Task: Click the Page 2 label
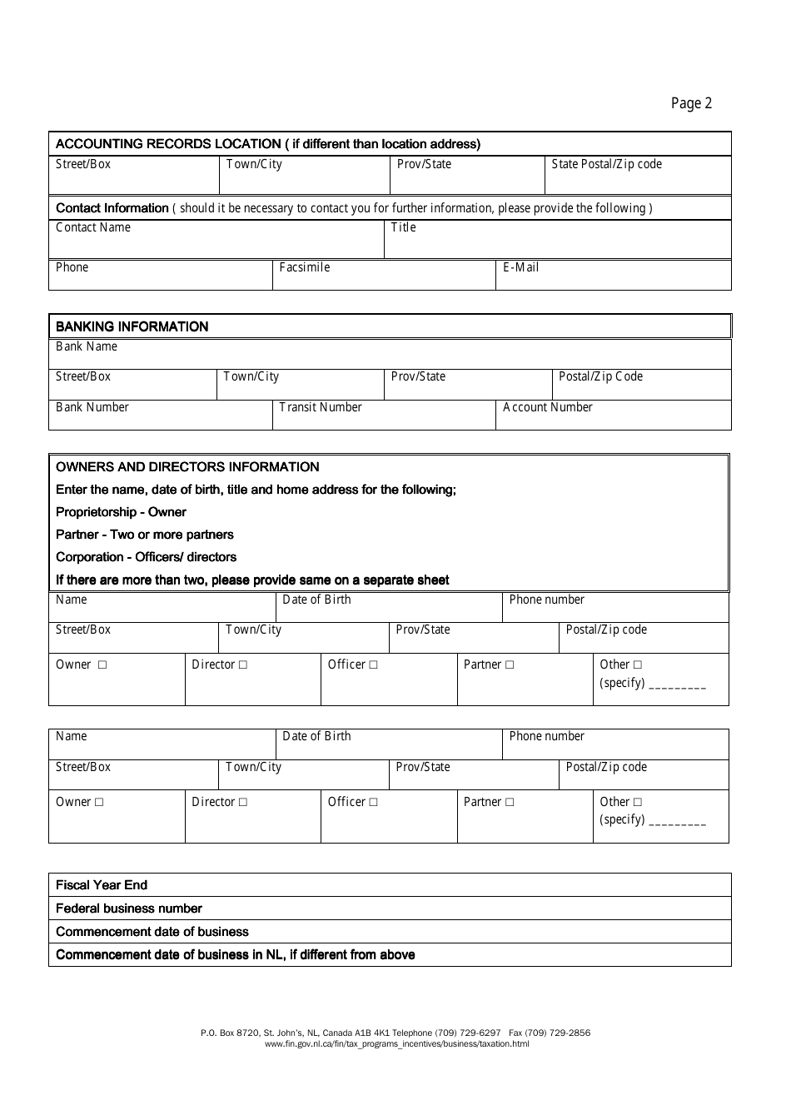pos(691,103)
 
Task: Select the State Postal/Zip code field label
pos(606,164)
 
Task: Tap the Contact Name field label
pos(93,227)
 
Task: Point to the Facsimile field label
pos(305,267)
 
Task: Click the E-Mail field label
pos(520,267)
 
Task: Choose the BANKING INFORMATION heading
pos(132,326)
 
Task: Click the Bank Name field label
pos(87,346)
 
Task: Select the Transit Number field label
pos(321,407)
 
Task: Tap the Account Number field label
pos(547,407)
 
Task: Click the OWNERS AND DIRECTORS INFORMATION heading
pos(187,467)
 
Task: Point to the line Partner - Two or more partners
pos(145,535)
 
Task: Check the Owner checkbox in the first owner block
pos(102,665)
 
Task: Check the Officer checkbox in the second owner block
pos(373,802)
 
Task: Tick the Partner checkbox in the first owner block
pos(510,665)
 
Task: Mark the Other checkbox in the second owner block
pos(638,802)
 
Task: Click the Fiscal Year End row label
pos(102,885)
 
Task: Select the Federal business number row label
pos(129,908)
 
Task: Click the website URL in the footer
pos(396,1043)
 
